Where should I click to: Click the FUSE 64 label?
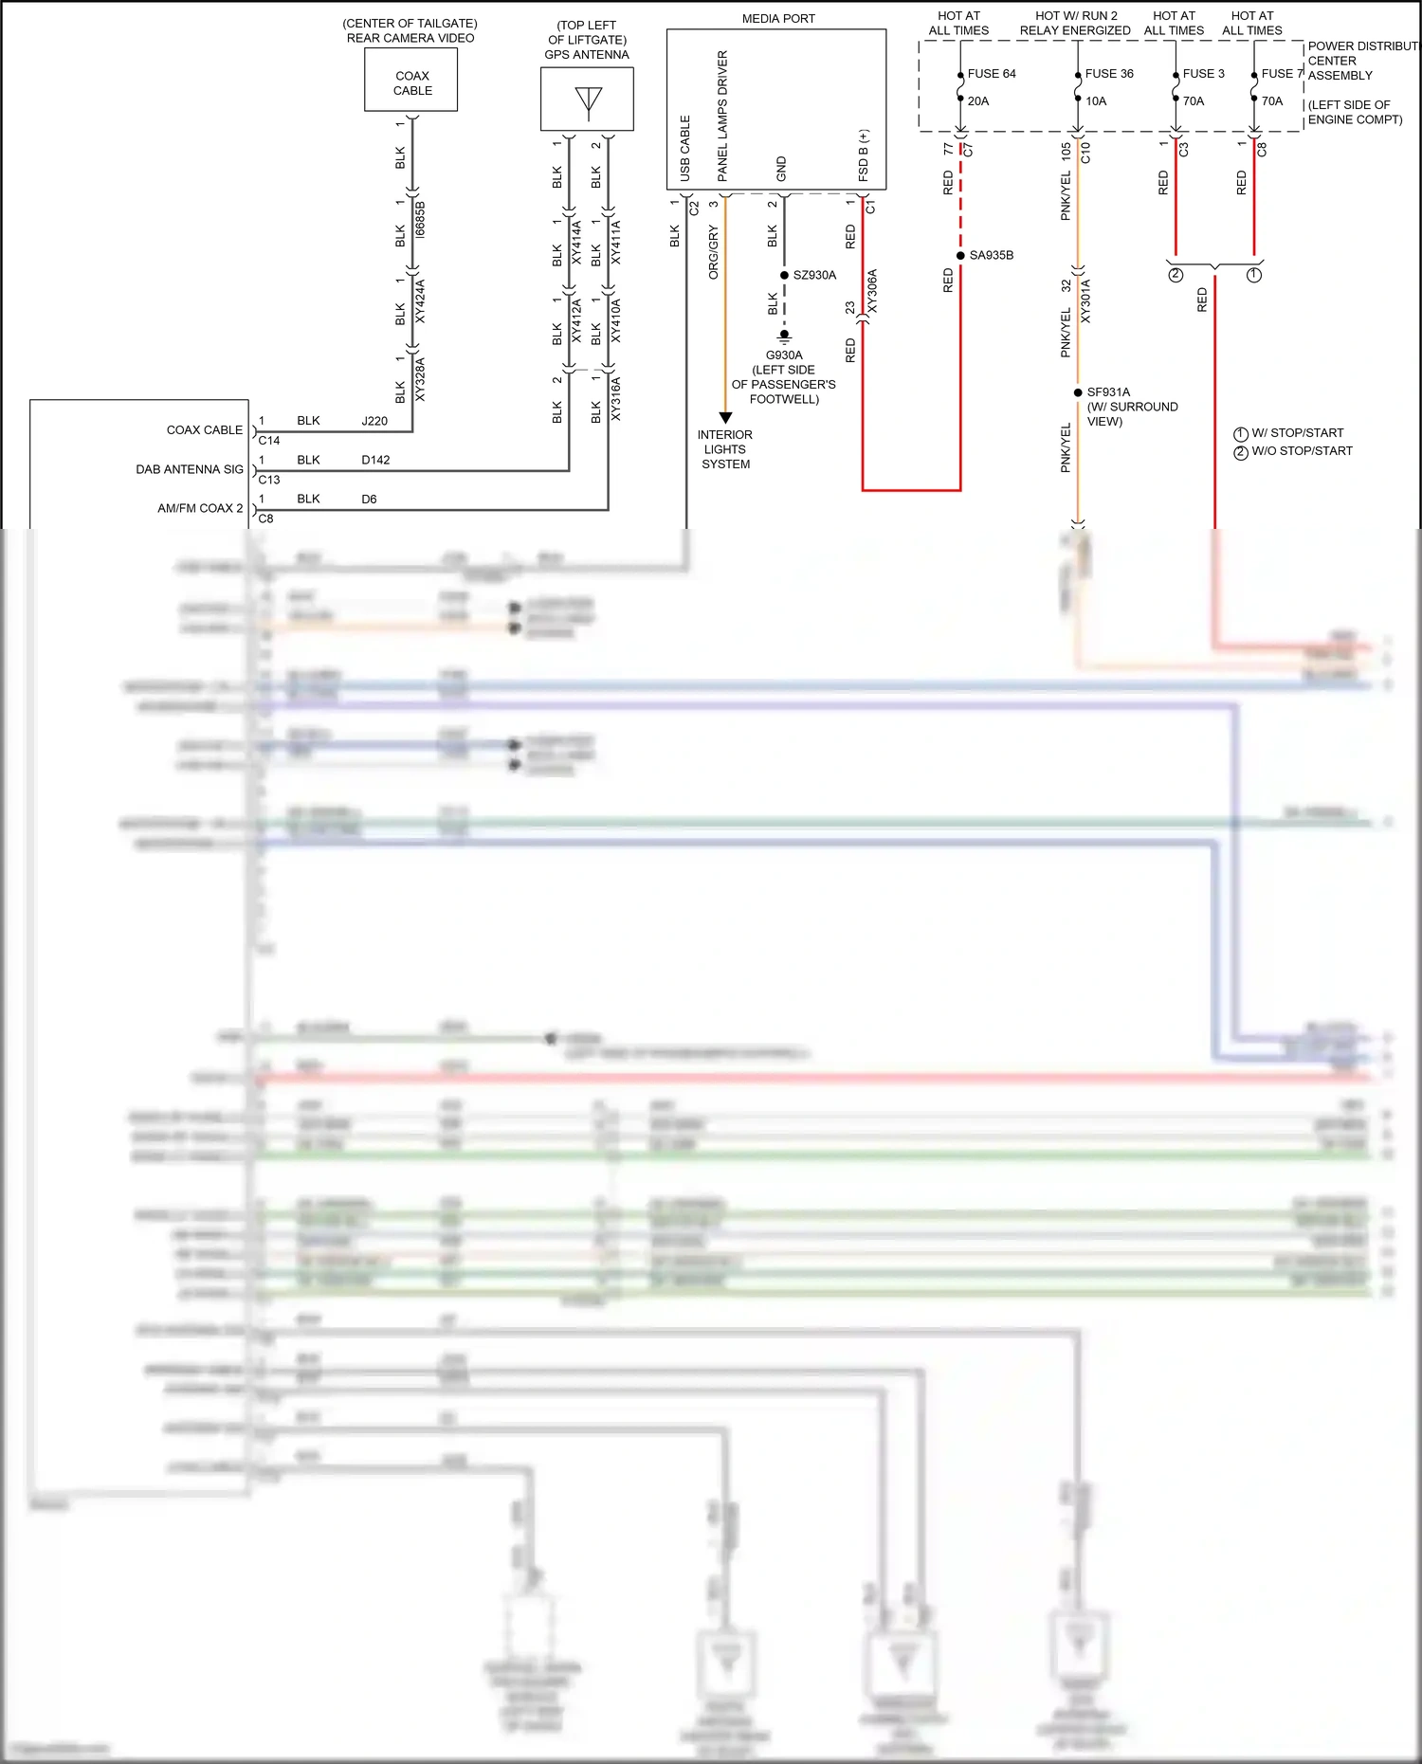point(991,73)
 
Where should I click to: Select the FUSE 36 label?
point(1108,73)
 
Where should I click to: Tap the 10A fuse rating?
point(1096,100)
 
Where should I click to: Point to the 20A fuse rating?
point(978,100)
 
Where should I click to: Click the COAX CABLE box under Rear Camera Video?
point(411,81)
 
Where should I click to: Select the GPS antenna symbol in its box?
point(588,101)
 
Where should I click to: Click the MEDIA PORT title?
point(778,18)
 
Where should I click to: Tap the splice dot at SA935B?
point(960,255)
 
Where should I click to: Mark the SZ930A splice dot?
point(784,275)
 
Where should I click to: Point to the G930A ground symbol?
point(784,336)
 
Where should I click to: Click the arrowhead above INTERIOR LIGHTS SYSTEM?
point(725,417)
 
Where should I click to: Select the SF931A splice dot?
point(1078,391)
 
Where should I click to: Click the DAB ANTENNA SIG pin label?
point(190,469)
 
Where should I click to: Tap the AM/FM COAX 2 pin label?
point(200,508)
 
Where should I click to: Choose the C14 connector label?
point(269,440)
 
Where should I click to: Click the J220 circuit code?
point(374,421)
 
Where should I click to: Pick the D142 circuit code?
point(375,460)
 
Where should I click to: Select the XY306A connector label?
point(873,291)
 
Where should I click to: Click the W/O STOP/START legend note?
point(1302,451)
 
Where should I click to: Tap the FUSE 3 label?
point(1203,73)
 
